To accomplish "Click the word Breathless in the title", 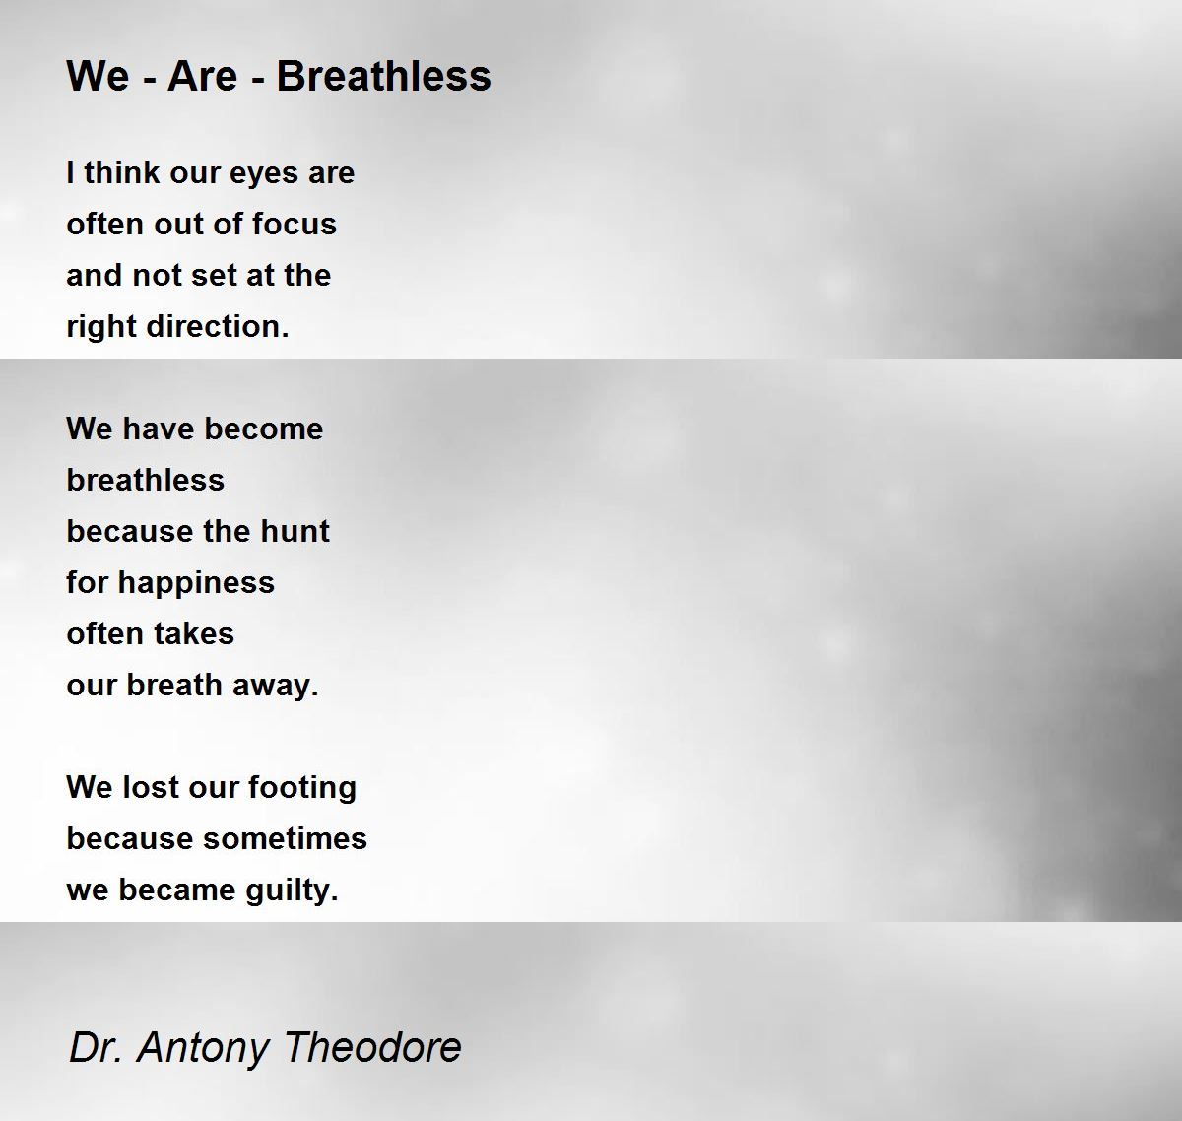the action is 383,77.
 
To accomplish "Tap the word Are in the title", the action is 203,77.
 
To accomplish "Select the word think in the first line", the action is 122,173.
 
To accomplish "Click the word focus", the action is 294,225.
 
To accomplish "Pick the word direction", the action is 218,327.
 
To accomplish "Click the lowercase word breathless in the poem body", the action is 146,480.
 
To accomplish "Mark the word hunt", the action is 295,531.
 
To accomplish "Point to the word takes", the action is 193,633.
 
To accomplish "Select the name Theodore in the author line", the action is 372,1047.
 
